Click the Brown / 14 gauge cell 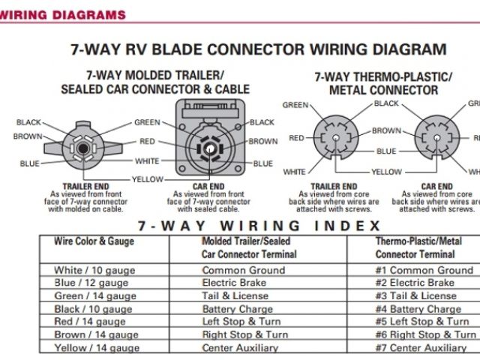[x=95, y=335]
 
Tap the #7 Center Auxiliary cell [x=421, y=348]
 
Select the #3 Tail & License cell [x=415, y=296]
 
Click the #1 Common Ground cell [x=424, y=270]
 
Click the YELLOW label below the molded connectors [x=148, y=180]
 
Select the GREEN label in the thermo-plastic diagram [x=295, y=105]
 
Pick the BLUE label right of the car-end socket [x=263, y=163]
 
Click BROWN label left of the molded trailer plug [x=28, y=136]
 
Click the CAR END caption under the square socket [x=209, y=187]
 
